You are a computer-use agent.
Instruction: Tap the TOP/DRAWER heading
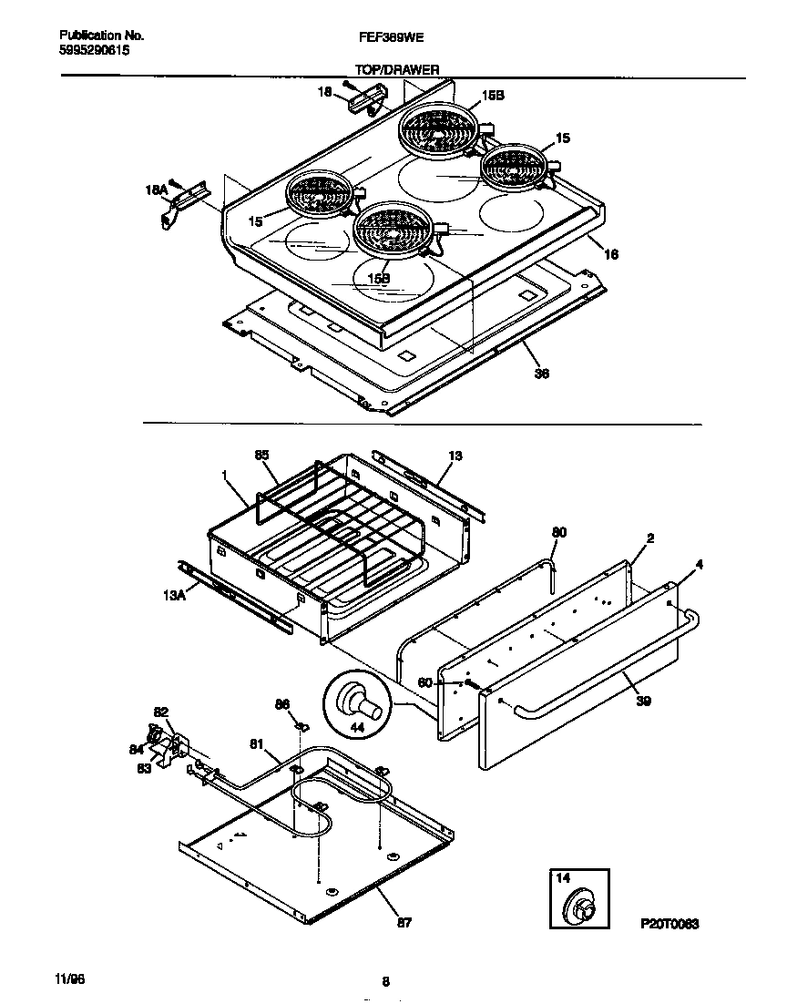(396, 68)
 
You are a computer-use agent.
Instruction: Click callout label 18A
(156, 190)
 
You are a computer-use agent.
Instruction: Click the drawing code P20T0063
(668, 923)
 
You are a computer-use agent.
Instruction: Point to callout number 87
(404, 922)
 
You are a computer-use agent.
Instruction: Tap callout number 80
(558, 531)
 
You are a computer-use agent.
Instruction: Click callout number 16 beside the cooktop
(611, 255)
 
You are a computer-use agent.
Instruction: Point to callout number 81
(258, 744)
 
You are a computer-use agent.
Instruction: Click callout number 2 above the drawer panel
(650, 539)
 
